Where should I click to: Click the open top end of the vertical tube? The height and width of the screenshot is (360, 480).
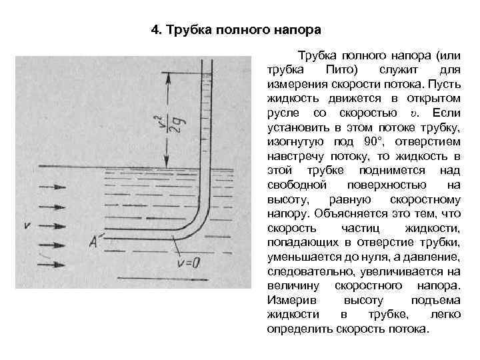[x=207, y=59]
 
